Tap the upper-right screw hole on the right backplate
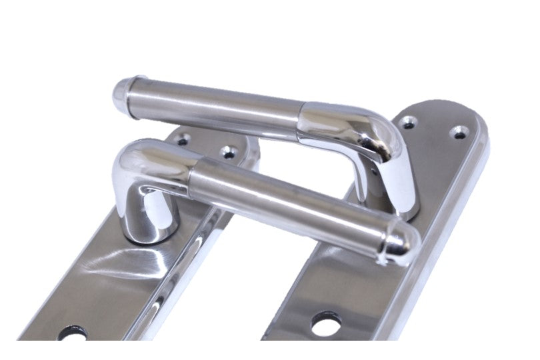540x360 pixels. pyautogui.click(x=458, y=133)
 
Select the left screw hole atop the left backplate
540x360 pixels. pyautogui.click(x=183, y=140)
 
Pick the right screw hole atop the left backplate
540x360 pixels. pyautogui.click(x=229, y=152)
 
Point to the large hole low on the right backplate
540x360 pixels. pyautogui.click(x=325, y=321)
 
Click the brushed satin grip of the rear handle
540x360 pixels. pyautogui.click(x=220, y=107)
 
